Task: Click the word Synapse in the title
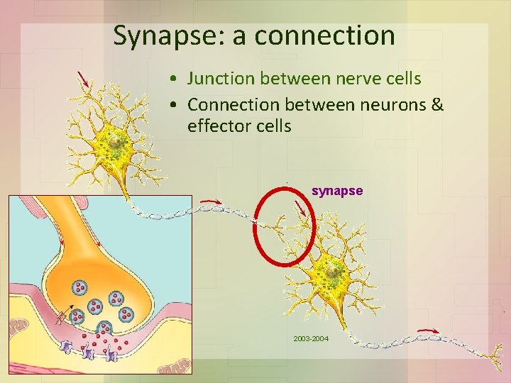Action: pos(167,35)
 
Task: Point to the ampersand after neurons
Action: pos(437,105)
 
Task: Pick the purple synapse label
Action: pos(337,191)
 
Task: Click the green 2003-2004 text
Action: pos(311,339)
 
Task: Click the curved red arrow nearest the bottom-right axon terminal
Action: pos(427,330)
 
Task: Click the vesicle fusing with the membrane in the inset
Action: pos(105,328)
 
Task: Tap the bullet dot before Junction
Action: pos(174,78)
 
